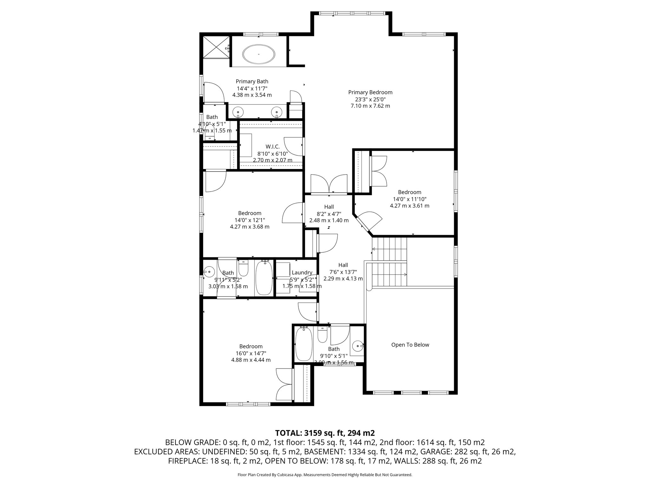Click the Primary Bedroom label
(370, 92)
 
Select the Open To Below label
(410, 345)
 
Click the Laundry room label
(302, 273)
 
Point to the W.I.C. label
(273, 146)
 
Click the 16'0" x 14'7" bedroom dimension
(251, 353)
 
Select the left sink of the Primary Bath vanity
(238, 112)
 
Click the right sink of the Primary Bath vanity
(277, 112)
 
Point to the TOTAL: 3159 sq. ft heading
(325, 433)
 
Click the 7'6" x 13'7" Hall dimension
(343, 272)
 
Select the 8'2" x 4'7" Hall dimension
(329, 213)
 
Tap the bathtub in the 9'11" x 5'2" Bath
(264, 278)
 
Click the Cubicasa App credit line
(325, 475)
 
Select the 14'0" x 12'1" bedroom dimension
(249, 220)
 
